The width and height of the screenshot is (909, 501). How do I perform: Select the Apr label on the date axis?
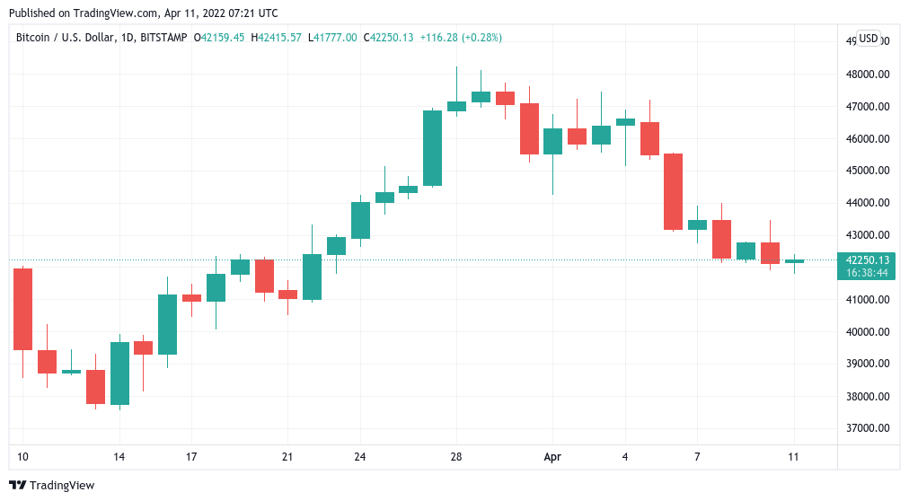click(552, 457)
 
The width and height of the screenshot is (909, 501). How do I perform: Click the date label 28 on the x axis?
click(456, 457)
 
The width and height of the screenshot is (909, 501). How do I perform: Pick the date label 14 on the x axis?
click(119, 457)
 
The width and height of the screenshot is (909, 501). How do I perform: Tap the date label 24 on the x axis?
click(359, 457)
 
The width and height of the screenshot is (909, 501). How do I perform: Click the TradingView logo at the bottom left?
click(54, 486)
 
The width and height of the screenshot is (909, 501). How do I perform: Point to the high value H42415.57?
click(277, 38)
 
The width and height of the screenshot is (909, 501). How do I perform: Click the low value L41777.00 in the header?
click(332, 38)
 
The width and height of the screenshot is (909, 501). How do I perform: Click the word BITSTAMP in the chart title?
click(164, 38)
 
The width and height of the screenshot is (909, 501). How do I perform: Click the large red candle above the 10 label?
click(22, 309)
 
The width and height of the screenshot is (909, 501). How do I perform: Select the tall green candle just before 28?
click(432, 148)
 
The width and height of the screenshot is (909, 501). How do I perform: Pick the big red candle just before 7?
click(673, 191)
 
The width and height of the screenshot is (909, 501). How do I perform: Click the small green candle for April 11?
click(794, 261)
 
